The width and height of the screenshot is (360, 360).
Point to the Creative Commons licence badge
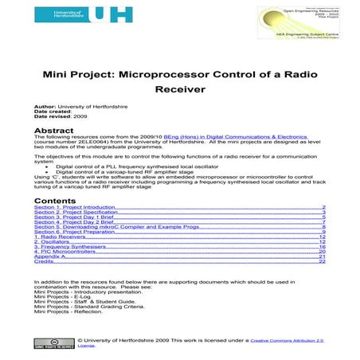[45, 342]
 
